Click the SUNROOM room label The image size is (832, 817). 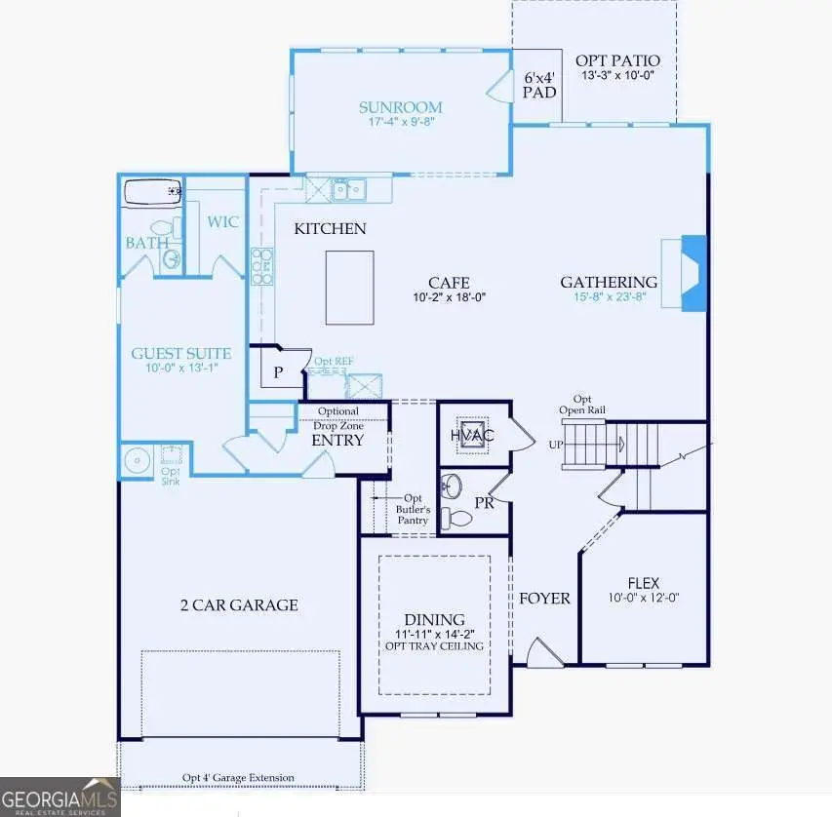pos(400,107)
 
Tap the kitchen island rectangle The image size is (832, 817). pos(349,288)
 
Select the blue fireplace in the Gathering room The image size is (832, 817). pos(693,273)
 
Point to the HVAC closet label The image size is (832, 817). pos(472,435)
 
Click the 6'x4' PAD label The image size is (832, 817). pos(539,85)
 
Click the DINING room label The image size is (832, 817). pos(434,620)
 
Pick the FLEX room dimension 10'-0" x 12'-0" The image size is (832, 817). pos(643,598)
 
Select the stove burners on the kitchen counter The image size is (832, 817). pos(262,265)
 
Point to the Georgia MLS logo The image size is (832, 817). pos(59,797)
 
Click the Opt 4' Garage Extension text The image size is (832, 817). pos(238,777)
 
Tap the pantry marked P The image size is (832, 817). pos(278,371)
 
